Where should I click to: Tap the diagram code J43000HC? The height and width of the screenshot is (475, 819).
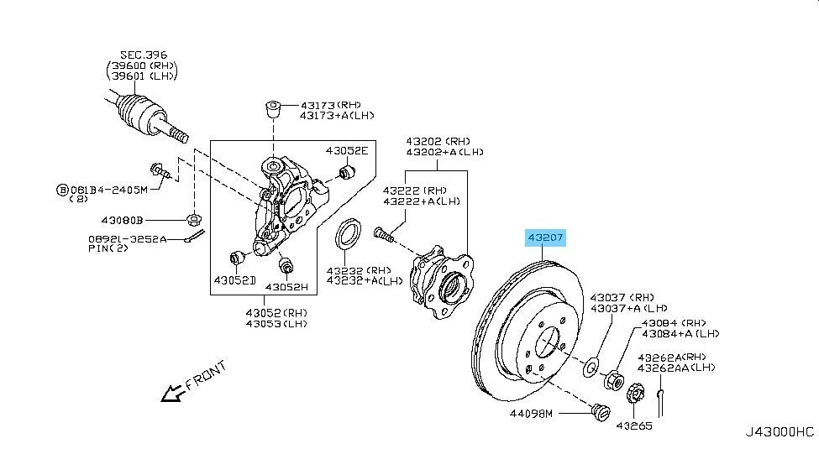point(779,432)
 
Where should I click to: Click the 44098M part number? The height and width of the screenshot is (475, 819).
point(532,414)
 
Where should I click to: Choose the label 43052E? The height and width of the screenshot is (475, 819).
point(347,151)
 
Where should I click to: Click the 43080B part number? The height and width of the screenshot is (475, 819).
point(123,220)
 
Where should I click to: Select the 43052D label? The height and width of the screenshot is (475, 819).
point(234,279)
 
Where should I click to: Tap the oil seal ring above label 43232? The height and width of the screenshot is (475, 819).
point(348,234)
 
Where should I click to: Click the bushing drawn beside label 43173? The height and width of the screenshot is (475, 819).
point(273,110)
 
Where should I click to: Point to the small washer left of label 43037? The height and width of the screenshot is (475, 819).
point(591,366)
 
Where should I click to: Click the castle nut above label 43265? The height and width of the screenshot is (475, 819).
point(636,392)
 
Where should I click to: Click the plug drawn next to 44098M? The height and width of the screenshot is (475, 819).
point(600,412)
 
